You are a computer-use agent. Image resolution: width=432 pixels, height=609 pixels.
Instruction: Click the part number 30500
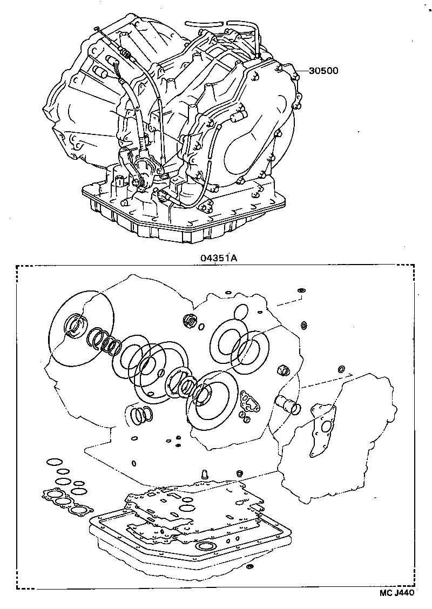pyautogui.click(x=324, y=71)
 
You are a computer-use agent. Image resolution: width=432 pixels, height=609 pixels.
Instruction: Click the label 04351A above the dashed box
pyautogui.click(x=219, y=258)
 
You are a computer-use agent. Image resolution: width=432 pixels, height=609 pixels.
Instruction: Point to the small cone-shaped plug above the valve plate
pyautogui.click(x=205, y=475)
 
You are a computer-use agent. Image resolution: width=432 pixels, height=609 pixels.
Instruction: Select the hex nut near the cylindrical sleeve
pyautogui.click(x=282, y=370)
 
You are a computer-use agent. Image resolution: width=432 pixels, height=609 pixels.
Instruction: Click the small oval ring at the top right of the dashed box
pyautogui.click(x=302, y=290)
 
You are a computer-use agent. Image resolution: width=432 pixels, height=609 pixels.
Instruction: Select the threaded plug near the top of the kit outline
pyautogui.click(x=190, y=320)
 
